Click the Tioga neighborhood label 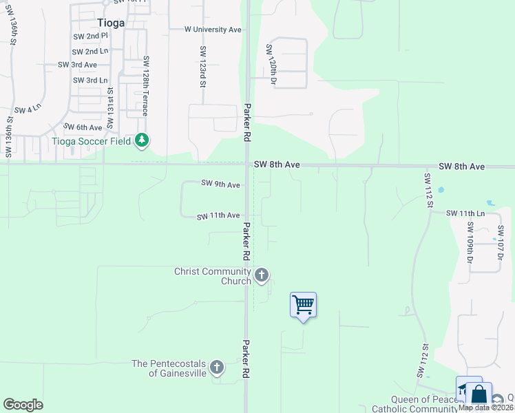point(110,22)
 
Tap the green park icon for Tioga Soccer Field point(142,141)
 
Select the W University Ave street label point(213,30)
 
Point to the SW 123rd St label point(203,67)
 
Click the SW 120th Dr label point(271,65)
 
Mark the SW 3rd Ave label point(77,65)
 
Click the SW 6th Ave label point(83,127)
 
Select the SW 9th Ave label point(220,184)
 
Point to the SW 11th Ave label point(218,216)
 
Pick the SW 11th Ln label point(465,213)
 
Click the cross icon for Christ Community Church point(261,275)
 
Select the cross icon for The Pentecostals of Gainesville point(217,367)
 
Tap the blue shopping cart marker point(303,304)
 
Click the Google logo point(23,405)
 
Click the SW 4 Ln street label point(28,110)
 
